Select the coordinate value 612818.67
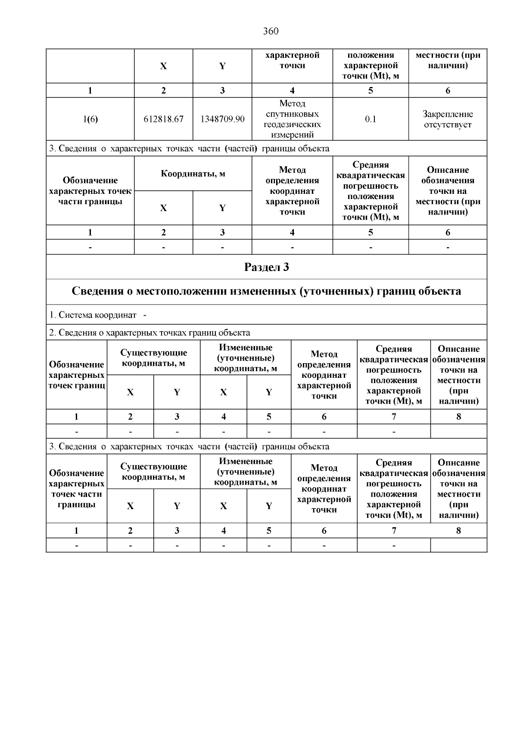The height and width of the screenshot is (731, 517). click(163, 119)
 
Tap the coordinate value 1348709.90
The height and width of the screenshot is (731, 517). click(222, 119)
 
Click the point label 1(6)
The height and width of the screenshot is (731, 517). click(90, 119)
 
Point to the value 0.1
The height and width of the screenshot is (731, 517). click(371, 119)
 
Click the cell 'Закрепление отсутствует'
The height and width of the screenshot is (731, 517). click(448, 119)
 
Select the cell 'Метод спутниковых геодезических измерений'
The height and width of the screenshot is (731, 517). click(292, 119)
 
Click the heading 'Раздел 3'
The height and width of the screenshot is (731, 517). click(266, 267)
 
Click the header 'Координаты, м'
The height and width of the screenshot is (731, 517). click(193, 174)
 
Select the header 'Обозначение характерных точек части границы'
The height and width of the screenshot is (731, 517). click(90, 191)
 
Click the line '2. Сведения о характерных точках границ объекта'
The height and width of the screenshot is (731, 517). click(149, 333)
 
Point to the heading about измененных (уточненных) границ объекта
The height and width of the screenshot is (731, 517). click(266, 291)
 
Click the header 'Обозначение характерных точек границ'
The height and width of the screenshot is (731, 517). click(77, 375)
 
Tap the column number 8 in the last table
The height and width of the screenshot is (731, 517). click(458, 531)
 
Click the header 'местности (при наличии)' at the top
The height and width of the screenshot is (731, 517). click(448, 60)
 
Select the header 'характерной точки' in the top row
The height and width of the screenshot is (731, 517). click(292, 60)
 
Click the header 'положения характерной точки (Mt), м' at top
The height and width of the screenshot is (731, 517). click(371, 65)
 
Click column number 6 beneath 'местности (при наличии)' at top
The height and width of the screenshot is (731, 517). click(448, 90)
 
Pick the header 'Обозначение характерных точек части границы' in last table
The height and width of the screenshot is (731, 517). click(77, 488)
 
